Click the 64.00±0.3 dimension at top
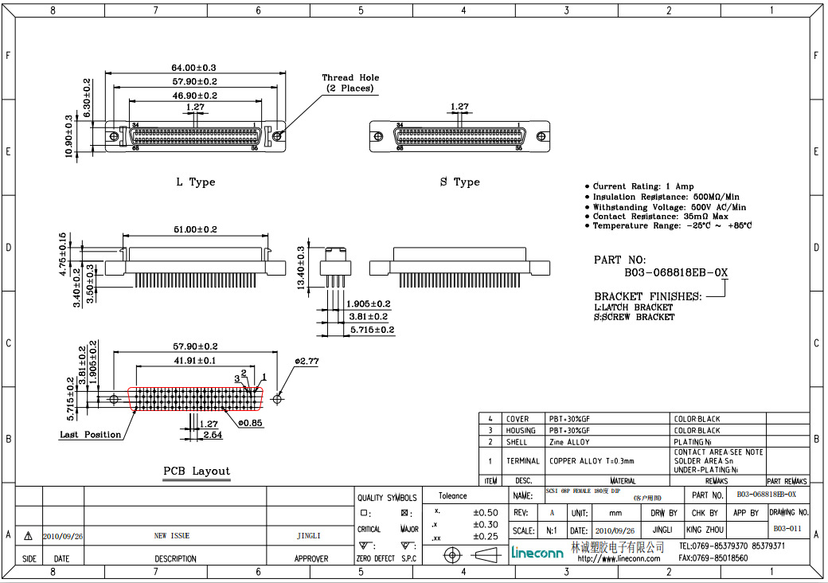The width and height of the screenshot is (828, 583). (x=193, y=68)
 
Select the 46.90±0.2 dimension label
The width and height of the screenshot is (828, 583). (x=193, y=95)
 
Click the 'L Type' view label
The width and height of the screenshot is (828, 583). (x=196, y=182)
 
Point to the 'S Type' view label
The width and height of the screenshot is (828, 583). (x=459, y=182)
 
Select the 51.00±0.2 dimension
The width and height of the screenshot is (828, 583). (x=195, y=229)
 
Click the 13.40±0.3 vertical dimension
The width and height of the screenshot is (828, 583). (x=300, y=267)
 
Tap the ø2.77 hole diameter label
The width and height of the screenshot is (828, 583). (x=307, y=362)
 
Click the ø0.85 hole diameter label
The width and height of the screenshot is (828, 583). (x=250, y=422)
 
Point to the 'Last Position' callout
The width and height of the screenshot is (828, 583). (x=91, y=435)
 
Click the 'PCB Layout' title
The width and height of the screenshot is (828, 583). (x=197, y=471)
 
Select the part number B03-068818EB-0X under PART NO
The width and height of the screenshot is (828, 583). (x=675, y=272)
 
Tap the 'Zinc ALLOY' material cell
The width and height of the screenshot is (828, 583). (x=569, y=442)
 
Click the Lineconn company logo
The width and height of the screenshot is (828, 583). (x=537, y=551)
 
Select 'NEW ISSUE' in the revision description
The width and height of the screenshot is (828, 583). (x=172, y=536)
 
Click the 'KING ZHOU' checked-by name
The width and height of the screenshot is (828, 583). (x=705, y=530)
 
